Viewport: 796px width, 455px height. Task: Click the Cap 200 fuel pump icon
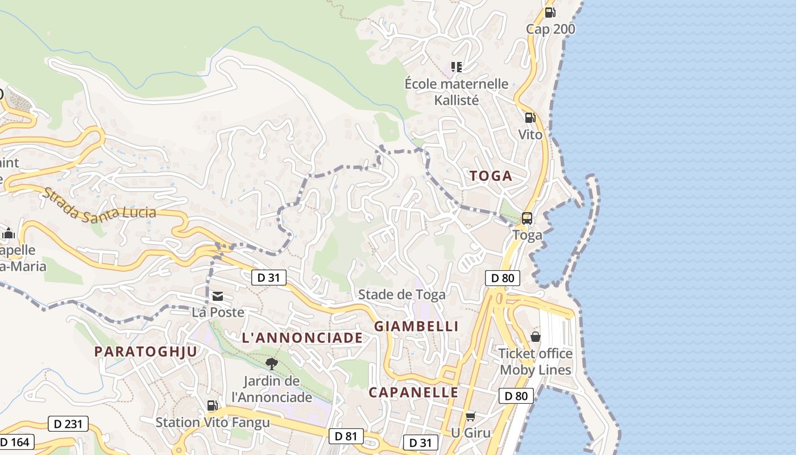pyautogui.click(x=550, y=12)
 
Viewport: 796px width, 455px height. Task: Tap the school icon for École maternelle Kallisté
pyautogui.click(x=456, y=67)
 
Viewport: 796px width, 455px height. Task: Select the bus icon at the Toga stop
pyautogui.click(x=527, y=218)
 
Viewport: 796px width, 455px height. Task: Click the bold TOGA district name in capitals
pyautogui.click(x=491, y=176)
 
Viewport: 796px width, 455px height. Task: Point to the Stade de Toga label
pyautogui.click(x=401, y=295)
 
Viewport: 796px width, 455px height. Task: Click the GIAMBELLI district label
pyautogui.click(x=416, y=326)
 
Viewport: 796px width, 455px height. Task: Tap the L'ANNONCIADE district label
pyautogui.click(x=302, y=338)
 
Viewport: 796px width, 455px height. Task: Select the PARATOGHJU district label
pyautogui.click(x=146, y=351)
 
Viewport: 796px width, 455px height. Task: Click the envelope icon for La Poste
pyautogui.click(x=218, y=296)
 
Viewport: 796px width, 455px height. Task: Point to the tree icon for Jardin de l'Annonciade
pyautogui.click(x=272, y=363)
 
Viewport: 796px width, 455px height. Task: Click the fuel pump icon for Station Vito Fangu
pyautogui.click(x=212, y=406)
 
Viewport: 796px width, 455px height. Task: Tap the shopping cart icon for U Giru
pyautogui.click(x=470, y=416)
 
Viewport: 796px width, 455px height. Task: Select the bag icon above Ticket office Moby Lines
pyautogui.click(x=535, y=337)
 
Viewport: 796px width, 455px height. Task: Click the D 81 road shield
pyautogui.click(x=346, y=436)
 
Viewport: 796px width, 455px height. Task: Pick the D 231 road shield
pyautogui.click(x=68, y=424)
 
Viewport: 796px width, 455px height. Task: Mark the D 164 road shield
pyautogui.click(x=15, y=442)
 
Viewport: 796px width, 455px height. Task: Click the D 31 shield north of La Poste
pyautogui.click(x=268, y=278)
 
